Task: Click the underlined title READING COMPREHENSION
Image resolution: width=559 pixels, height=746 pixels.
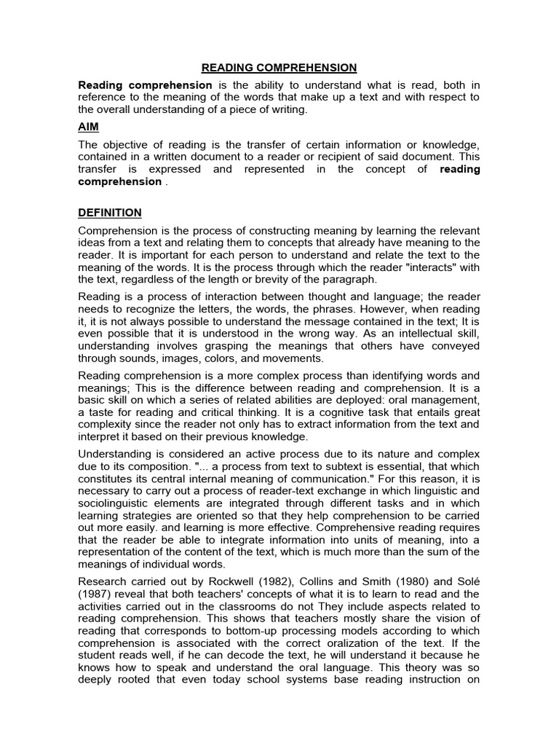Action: [x=279, y=68]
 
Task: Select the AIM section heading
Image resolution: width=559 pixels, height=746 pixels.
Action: [x=88, y=126]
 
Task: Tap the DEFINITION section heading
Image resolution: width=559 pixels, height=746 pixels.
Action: [x=110, y=213]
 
